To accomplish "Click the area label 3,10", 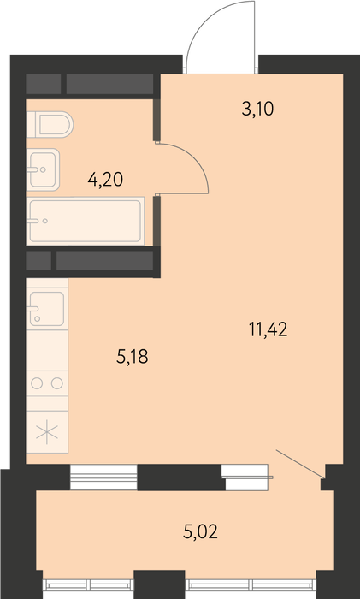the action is [x=257, y=110].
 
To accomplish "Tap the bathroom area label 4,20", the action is [x=105, y=179].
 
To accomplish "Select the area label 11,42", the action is [x=268, y=329].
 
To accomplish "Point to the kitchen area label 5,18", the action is [x=132, y=357].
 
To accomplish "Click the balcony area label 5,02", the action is [x=200, y=531].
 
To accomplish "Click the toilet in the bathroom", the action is [x=50, y=125].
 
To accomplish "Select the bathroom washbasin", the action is [x=43, y=169].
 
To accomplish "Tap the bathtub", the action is [x=86, y=221].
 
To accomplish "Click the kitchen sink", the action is [x=46, y=309].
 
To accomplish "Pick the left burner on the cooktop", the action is [x=37, y=383].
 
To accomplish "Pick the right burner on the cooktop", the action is [x=57, y=383].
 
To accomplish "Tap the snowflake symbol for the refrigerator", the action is [x=47, y=431].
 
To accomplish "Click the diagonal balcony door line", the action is [x=300, y=464].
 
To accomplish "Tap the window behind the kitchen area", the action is [x=103, y=477].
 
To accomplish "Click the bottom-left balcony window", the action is [x=88, y=584].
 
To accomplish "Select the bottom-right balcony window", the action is [x=251, y=584].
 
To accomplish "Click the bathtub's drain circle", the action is [x=45, y=221].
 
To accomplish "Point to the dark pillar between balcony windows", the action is [x=159, y=584].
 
